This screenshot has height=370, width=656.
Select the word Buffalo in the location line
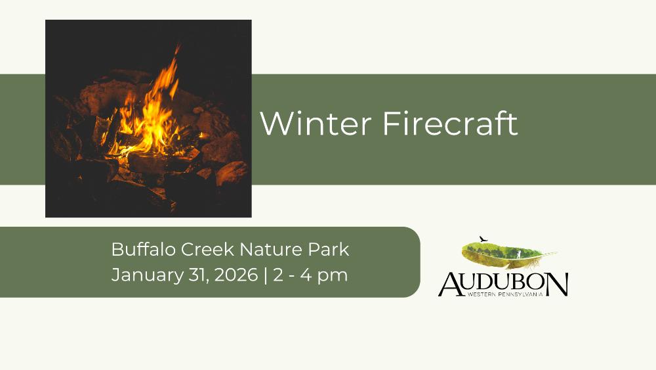[143, 249]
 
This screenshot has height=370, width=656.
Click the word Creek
[207, 249]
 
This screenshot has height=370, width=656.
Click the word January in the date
[148, 276]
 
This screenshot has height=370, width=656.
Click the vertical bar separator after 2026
[266, 276]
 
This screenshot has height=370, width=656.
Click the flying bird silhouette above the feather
[483, 239]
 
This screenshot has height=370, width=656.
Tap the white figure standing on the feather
[519, 254]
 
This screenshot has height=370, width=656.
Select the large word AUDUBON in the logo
[503, 284]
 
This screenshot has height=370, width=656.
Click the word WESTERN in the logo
[482, 294]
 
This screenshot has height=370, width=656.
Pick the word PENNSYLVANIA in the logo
[521, 294]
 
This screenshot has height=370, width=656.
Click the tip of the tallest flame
[178, 45]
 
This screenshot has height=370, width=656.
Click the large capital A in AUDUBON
[451, 284]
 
